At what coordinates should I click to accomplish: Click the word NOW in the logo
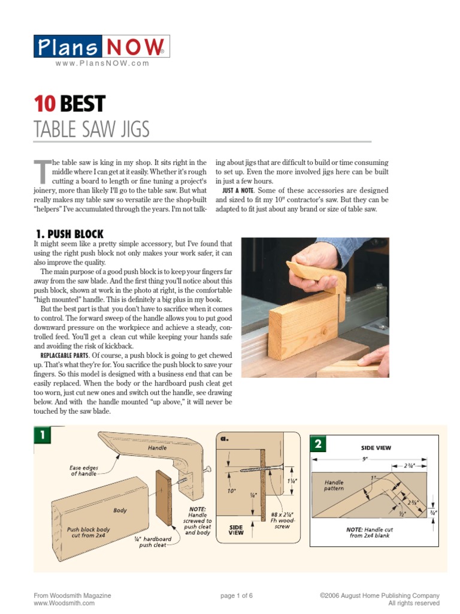point(135,47)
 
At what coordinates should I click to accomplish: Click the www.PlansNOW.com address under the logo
point(102,64)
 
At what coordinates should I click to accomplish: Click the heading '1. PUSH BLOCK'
point(68,234)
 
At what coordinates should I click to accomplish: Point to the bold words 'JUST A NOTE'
point(240,190)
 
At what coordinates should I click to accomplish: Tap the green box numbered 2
point(317,444)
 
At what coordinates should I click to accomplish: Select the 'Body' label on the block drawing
point(120,510)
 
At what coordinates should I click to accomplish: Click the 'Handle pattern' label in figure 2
point(334,485)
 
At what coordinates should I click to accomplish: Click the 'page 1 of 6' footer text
point(237,595)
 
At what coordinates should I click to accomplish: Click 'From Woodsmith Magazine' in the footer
point(72,595)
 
